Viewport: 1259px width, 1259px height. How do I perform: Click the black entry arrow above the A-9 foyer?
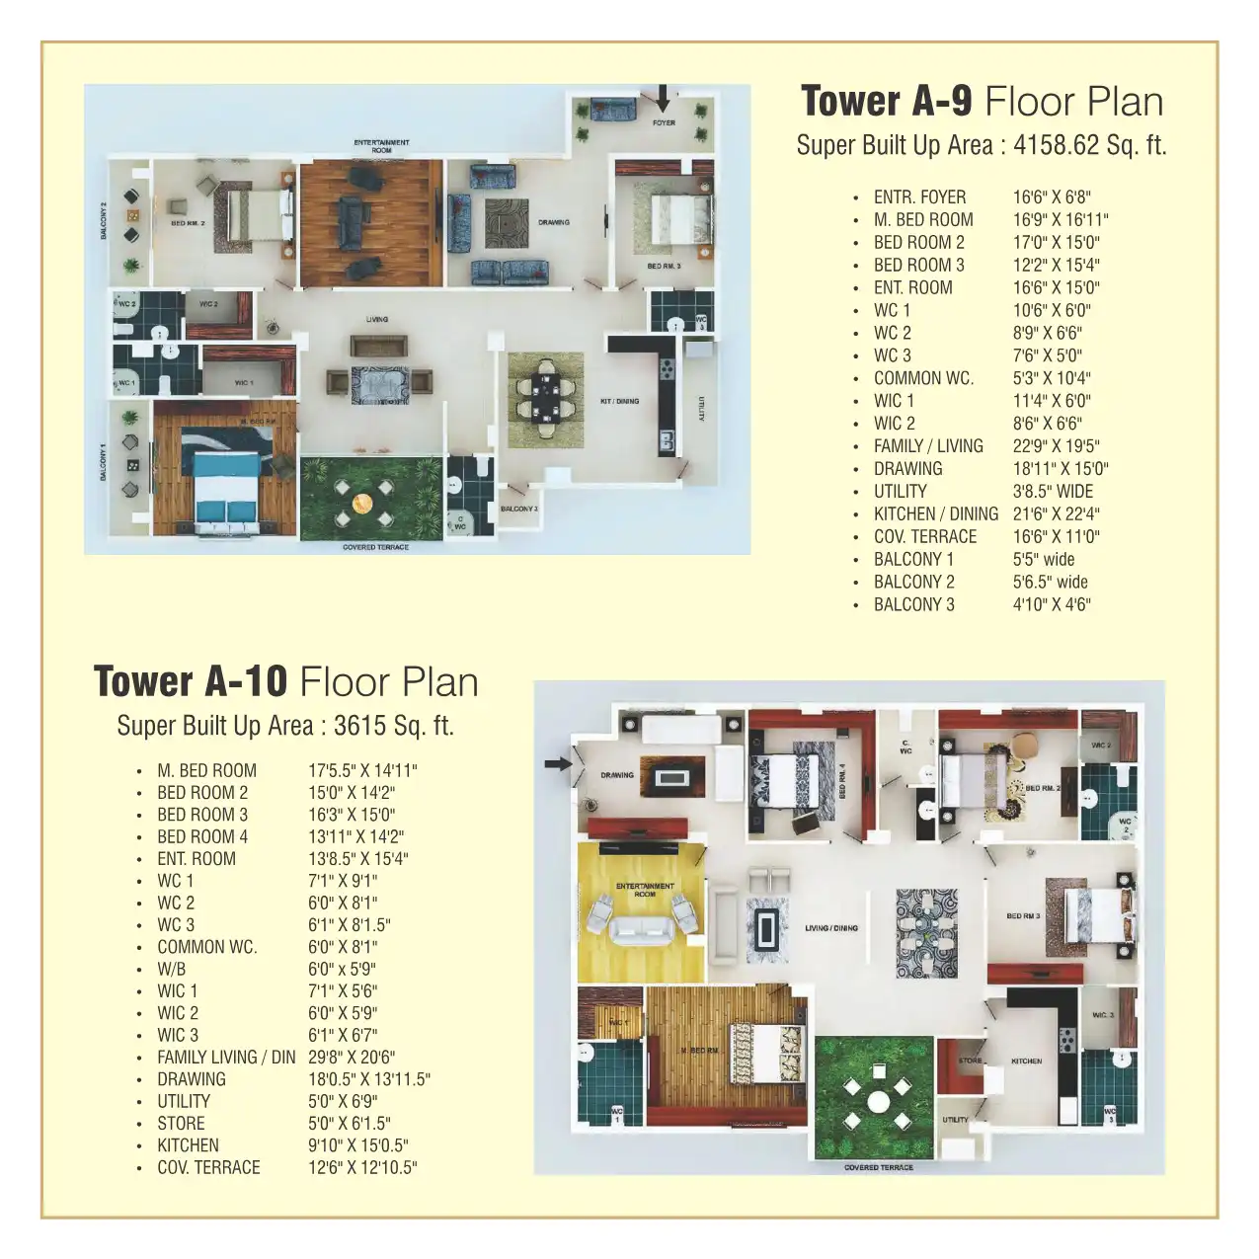663,97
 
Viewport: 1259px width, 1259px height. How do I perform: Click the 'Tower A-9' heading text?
886,102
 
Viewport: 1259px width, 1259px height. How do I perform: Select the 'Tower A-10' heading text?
190,682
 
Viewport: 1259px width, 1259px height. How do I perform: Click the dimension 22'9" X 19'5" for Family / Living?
1056,446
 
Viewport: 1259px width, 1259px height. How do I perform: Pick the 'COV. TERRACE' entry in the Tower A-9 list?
924,537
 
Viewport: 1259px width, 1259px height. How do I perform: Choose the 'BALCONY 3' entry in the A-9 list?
913,605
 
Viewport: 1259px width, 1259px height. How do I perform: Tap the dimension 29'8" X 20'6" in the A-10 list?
352,1058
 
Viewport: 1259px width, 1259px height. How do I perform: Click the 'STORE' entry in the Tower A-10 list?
181,1124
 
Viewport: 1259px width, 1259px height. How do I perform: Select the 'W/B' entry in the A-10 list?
171,970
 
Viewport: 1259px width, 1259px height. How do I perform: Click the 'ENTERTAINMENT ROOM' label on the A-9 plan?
381,146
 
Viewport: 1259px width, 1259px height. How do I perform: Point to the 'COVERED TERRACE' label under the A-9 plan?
375,547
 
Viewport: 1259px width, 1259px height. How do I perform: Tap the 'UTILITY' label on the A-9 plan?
701,409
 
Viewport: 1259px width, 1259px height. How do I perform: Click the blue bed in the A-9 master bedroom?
228,493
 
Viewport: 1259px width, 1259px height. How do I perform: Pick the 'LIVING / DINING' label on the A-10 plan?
830,928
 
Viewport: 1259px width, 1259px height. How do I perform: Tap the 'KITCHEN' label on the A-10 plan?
1026,1062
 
